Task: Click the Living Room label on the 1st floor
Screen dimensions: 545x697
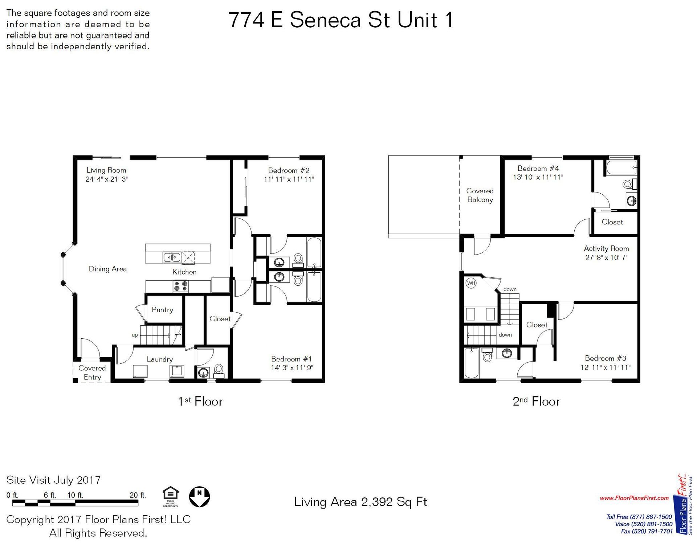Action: (x=106, y=170)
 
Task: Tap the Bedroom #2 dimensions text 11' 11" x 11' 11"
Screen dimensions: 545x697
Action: (x=289, y=179)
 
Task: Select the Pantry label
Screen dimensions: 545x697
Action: (x=162, y=310)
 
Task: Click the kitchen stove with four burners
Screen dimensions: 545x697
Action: (x=180, y=286)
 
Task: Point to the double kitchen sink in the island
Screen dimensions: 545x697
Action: (x=172, y=257)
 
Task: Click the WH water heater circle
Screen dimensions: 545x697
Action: (x=471, y=283)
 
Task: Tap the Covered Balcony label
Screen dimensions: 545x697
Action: (x=480, y=195)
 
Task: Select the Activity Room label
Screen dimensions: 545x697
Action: (x=606, y=248)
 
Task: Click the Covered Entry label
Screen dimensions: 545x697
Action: (x=92, y=372)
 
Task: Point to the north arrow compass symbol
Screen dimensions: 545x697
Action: (x=199, y=496)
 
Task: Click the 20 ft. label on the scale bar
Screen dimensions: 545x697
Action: (x=138, y=495)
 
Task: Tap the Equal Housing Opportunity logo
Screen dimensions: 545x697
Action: (x=170, y=496)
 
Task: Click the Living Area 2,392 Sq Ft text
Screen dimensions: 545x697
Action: (x=360, y=502)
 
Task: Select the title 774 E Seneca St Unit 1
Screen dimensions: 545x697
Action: (x=341, y=20)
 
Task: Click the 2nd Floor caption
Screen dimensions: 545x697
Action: (x=536, y=401)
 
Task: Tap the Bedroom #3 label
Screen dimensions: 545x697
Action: (x=605, y=358)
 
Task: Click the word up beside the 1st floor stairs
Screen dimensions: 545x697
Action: (x=135, y=335)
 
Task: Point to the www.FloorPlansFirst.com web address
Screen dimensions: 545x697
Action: (x=634, y=498)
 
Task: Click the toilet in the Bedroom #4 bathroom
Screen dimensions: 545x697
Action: (x=629, y=184)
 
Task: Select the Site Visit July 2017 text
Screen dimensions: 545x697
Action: (x=53, y=480)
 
